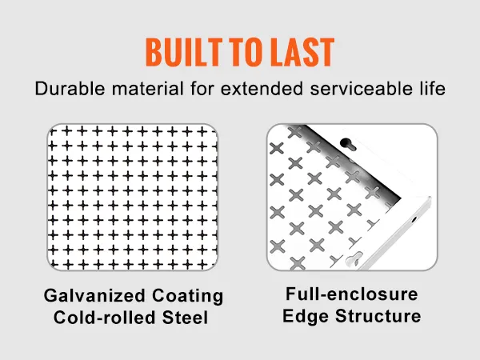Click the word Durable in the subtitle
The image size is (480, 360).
[x=70, y=89]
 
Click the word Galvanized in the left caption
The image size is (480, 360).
[x=94, y=296]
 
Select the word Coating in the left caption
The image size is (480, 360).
[x=188, y=296]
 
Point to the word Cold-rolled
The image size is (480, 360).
[x=104, y=317]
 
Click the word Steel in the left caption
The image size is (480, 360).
[x=186, y=317]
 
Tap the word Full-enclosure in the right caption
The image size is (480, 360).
[x=352, y=294]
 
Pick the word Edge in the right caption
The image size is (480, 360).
[x=306, y=316]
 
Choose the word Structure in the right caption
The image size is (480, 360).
[x=378, y=316]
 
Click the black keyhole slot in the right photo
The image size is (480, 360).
[x=348, y=144]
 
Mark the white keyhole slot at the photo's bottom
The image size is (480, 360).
[x=354, y=258]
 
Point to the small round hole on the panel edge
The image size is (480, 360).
[x=414, y=219]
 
